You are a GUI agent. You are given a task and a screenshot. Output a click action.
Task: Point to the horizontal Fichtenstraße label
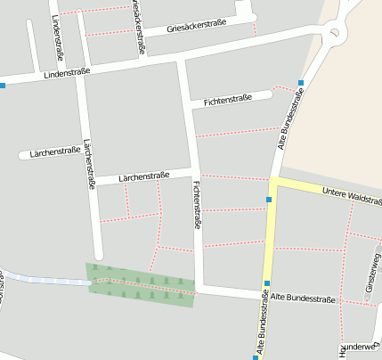coord(228,99)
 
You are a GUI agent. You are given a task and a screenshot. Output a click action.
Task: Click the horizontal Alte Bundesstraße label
coord(304,298)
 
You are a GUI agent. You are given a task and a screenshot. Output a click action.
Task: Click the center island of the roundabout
coord(337,35)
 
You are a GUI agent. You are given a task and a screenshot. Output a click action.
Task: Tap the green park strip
coord(141,285)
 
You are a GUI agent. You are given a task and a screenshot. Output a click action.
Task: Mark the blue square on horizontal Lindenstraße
coord(3,86)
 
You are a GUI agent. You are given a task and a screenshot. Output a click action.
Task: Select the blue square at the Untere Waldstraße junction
coord(269,200)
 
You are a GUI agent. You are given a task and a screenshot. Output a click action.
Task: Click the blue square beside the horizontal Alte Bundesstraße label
coord(267,284)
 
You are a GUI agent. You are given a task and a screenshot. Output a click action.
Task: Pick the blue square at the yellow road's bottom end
coord(256,356)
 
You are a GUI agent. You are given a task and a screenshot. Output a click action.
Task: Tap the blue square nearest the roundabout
coord(301,83)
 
